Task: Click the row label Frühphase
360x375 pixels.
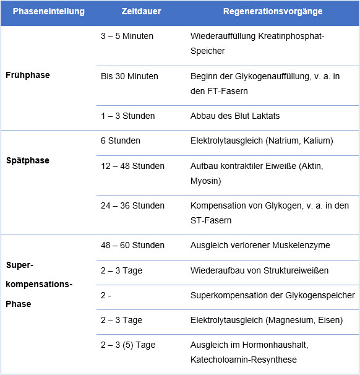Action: pyautogui.click(x=27, y=75)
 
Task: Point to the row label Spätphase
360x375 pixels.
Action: pyautogui.click(x=27, y=160)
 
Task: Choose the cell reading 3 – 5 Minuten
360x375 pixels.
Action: pyautogui.click(x=127, y=36)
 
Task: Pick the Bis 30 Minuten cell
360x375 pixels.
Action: pyautogui.click(x=129, y=76)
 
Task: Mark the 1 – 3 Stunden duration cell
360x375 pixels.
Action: pyautogui.click(x=127, y=116)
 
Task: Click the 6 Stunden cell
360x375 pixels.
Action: pyautogui.click(x=121, y=140)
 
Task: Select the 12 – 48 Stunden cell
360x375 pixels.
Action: pyautogui.click(x=132, y=166)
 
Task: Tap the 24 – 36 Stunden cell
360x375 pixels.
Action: pyautogui.click(x=132, y=205)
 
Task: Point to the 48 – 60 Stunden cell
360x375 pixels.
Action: pyautogui.click(x=132, y=245)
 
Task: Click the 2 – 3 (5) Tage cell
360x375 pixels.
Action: pyautogui.click(x=127, y=345)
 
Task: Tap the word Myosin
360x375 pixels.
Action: pyautogui.click(x=205, y=181)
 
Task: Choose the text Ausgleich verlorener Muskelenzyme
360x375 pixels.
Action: pyautogui.click(x=260, y=245)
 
